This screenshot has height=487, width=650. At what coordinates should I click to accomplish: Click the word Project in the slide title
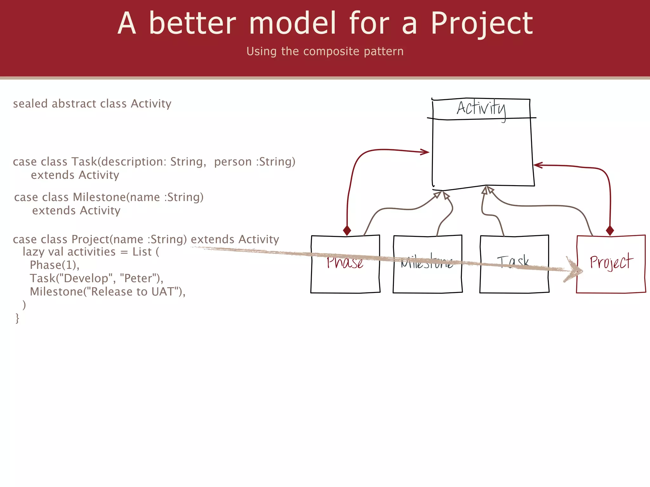(x=481, y=24)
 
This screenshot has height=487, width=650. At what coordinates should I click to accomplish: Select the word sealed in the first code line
(x=30, y=104)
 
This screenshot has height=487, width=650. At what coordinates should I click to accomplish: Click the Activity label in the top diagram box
(x=481, y=109)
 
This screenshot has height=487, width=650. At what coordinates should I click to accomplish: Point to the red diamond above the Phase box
(x=347, y=230)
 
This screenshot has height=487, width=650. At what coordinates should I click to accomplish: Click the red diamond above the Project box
(x=610, y=231)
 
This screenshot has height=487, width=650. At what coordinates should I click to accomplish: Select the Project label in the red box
(x=611, y=262)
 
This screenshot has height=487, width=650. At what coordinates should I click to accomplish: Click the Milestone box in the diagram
(x=428, y=276)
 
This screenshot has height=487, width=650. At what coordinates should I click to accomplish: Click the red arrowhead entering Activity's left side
(x=425, y=152)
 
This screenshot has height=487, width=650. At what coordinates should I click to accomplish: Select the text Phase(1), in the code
(x=54, y=265)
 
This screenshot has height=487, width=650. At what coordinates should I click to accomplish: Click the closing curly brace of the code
(x=17, y=318)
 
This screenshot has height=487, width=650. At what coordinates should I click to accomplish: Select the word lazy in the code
(x=33, y=252)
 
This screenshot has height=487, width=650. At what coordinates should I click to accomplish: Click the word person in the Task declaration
(x=233, y=162)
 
